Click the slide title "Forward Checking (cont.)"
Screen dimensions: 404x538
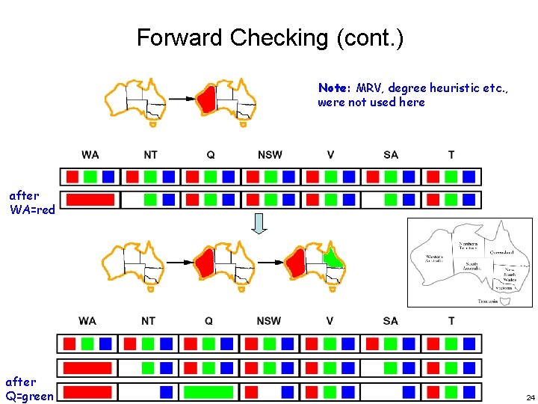pyautogui.click(x=270, y=37)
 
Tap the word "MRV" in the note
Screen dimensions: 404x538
pyautogui.click(x=368, y=88)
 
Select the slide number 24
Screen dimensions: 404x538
pyautogui.click(x=530, y=397)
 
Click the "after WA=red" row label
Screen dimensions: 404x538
pyautogui.click(x=31, y=203)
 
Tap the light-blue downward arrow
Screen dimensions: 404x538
pyautogui.click(x=259, y=223)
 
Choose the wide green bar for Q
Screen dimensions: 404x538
pyautogui.click(x=208, y=391)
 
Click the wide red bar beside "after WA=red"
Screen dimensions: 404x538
pyautogui.click(x=90, y=200)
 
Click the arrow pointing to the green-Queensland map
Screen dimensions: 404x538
pyautogui.click(x=270, y=263)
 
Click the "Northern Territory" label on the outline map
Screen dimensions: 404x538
pyautogui.click(x=468, y=247)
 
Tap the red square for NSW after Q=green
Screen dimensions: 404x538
pyautogui.click(x=251, y=391)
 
